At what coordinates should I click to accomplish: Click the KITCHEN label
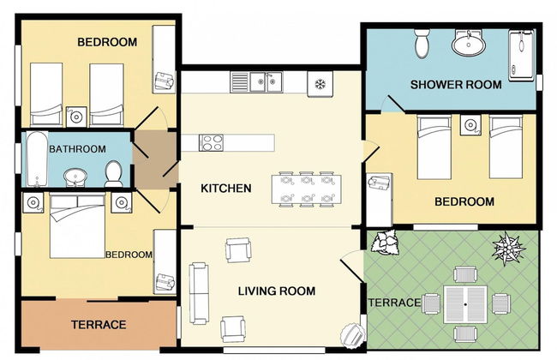[x=225, y=188]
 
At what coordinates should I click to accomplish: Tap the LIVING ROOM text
[x=276, y=291]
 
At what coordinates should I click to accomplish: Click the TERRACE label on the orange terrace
[x=99, y=325]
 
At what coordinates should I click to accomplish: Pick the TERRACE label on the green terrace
[x=394, y=303]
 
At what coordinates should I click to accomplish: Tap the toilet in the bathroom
[x=113, y=174]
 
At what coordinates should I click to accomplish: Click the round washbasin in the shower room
[x=469, y=42]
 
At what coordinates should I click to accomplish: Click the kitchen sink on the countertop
[x=265, y=82]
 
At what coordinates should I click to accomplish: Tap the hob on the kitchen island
[x=212, y=142]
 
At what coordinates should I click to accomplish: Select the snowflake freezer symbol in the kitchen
[x=320, y=83]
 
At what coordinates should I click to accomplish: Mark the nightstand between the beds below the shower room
[x=470, y=126]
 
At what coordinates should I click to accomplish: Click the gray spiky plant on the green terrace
[x=507, y=249]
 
